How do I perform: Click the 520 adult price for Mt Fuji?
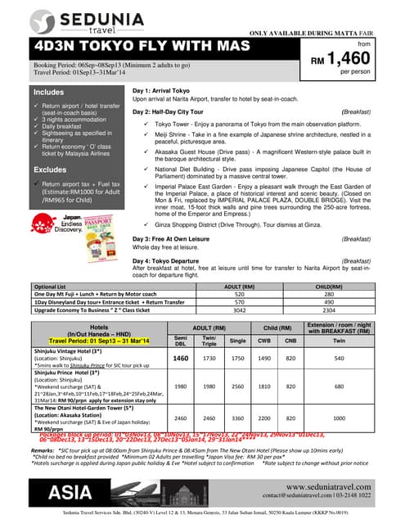click(x=262, y=295)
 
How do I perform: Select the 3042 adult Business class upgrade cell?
click(x=262, y=312)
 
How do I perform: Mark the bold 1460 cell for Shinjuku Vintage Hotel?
click(x=182, y=357)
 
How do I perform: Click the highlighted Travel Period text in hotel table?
click(x=101, y=339)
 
